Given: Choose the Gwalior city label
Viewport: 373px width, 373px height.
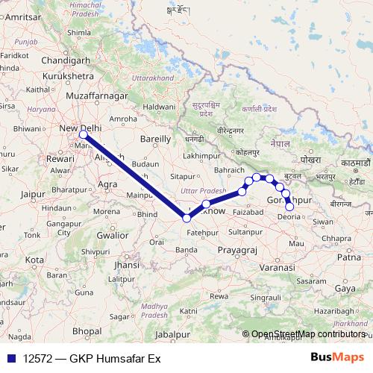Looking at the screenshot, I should (x=112, y=234).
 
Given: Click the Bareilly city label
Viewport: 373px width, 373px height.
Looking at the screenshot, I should (x=156, y=139).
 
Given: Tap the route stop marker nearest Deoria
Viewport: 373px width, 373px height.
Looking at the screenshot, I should (x=290, y=207).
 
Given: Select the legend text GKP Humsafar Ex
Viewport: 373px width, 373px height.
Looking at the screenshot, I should (x=115, y=358).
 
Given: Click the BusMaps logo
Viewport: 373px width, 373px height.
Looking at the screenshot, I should (x=337, y=357).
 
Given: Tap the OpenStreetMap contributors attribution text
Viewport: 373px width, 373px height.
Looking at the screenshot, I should (x=308, y=335).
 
